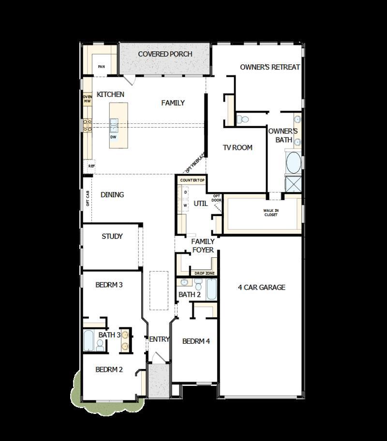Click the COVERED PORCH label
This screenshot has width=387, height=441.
pyautogui.click(x=165, y=54)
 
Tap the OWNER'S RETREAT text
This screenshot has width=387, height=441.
pyautogui.click(x=270, y=67)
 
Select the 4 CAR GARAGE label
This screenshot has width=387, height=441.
pyautogui.click(x=261, y=287)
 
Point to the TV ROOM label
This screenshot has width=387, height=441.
pyautogui.click(x=238, y=147)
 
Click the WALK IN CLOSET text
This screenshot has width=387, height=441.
pyautogui.click(x=270, y=212)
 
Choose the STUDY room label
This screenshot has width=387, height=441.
pyautogui.click(x=112, y=236)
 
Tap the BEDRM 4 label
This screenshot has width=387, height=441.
pyautogui.click(x=196, y=341)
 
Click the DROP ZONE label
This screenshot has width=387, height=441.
pyautogui.click(x=204, y=274)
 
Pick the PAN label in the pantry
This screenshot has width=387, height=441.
pyautogui.click(x=102, y=67)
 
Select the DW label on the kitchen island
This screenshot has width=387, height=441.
pyautogui.click(x=114, y=137)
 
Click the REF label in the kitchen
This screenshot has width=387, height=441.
pyautogui.click(x=91, y=166)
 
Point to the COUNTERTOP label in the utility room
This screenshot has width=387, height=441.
pyautogui.click(x=192, y=180)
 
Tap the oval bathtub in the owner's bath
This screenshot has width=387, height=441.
pyautogui.click(x=293, y=163)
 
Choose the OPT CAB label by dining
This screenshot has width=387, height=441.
pyautogui.click(x=88, y=198)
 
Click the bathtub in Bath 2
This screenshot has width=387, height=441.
pyautogui.click(x=212, y=289)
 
